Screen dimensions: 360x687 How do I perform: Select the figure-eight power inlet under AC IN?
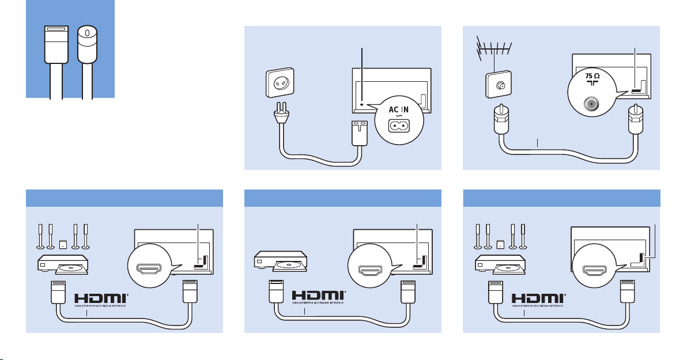[x=399, y=125]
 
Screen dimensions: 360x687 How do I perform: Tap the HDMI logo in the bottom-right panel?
[x=538, y=300]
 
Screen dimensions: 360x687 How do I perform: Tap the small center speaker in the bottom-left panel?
[x=62, y=243]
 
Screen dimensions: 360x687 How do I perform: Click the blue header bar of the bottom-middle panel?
[x=343, y=199]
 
